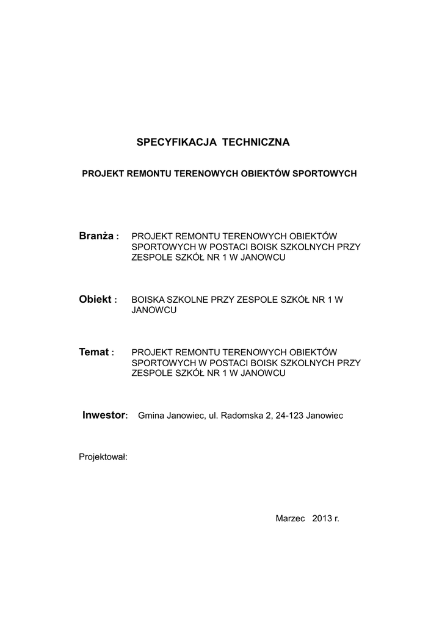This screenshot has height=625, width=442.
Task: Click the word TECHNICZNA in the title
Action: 256,142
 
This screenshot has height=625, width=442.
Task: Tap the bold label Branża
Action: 96,236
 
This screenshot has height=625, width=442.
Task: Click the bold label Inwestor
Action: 104,416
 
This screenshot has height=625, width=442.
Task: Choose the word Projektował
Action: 103,457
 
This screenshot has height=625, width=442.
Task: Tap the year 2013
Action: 321,518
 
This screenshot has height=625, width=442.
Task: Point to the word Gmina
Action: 152,416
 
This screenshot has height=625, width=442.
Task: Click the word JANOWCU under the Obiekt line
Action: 154,310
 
